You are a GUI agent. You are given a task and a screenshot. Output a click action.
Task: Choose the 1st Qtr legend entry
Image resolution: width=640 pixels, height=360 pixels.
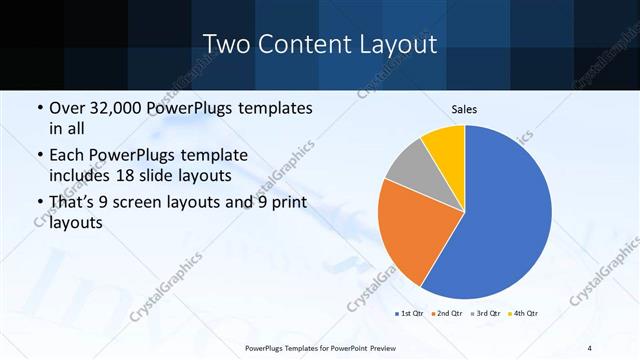410,314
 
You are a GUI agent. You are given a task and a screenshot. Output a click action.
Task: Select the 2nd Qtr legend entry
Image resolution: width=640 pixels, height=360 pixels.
449,314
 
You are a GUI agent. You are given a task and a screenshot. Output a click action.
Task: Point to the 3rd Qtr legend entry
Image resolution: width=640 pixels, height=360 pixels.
488,314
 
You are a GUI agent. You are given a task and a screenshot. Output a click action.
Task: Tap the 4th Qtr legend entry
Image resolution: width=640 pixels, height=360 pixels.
526,314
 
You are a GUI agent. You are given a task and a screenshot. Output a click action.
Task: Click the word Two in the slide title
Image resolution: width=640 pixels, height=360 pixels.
226,44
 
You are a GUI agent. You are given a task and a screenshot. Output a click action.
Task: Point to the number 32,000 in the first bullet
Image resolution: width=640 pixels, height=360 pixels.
118,108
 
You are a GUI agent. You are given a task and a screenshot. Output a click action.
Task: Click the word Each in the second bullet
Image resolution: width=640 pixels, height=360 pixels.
67,156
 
